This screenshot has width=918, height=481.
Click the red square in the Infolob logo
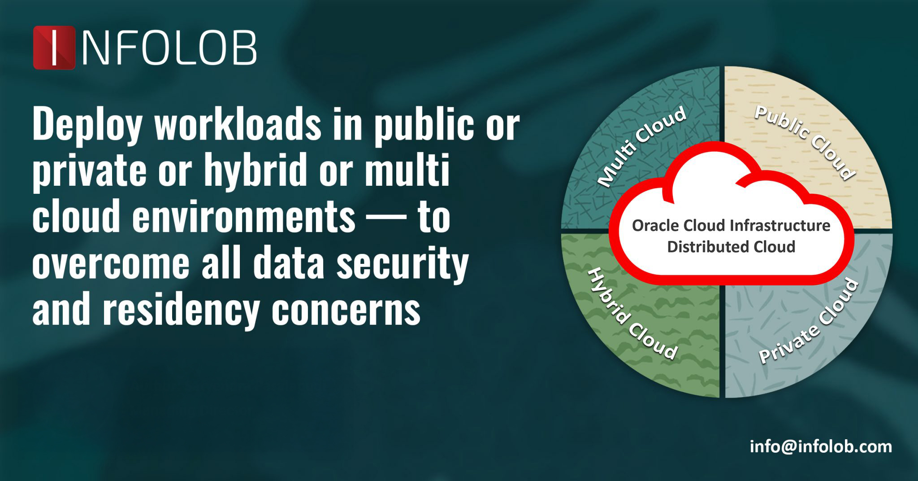(x=54, y=47)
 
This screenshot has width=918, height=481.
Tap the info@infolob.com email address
(x=821, y=447)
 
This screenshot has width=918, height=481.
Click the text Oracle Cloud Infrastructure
(x=731, y=225)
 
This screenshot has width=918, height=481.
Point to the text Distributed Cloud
(x=731, y=247)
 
